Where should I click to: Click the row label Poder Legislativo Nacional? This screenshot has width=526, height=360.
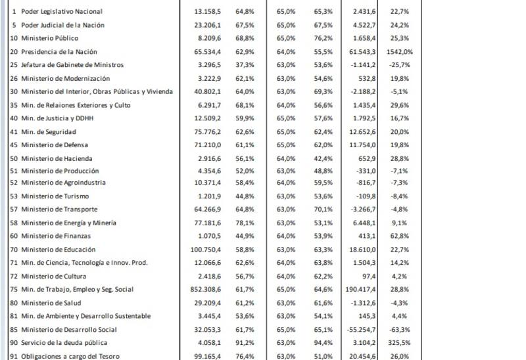pos(62,12)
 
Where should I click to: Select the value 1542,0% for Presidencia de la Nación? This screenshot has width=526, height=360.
pos(400,51)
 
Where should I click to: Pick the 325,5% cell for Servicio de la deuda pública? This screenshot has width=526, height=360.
pos(400,342)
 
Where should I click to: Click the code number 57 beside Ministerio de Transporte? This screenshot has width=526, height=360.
pos(14,210)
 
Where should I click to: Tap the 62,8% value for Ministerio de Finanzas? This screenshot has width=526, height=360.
pos(400,236)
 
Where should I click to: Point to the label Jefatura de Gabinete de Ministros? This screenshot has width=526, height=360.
pos(72,65)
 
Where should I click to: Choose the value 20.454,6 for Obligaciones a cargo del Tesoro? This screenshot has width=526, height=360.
pos(360,356)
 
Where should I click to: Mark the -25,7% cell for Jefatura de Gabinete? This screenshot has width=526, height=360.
pos(400,65)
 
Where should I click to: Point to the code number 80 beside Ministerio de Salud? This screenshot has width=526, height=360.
pos(14,302)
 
